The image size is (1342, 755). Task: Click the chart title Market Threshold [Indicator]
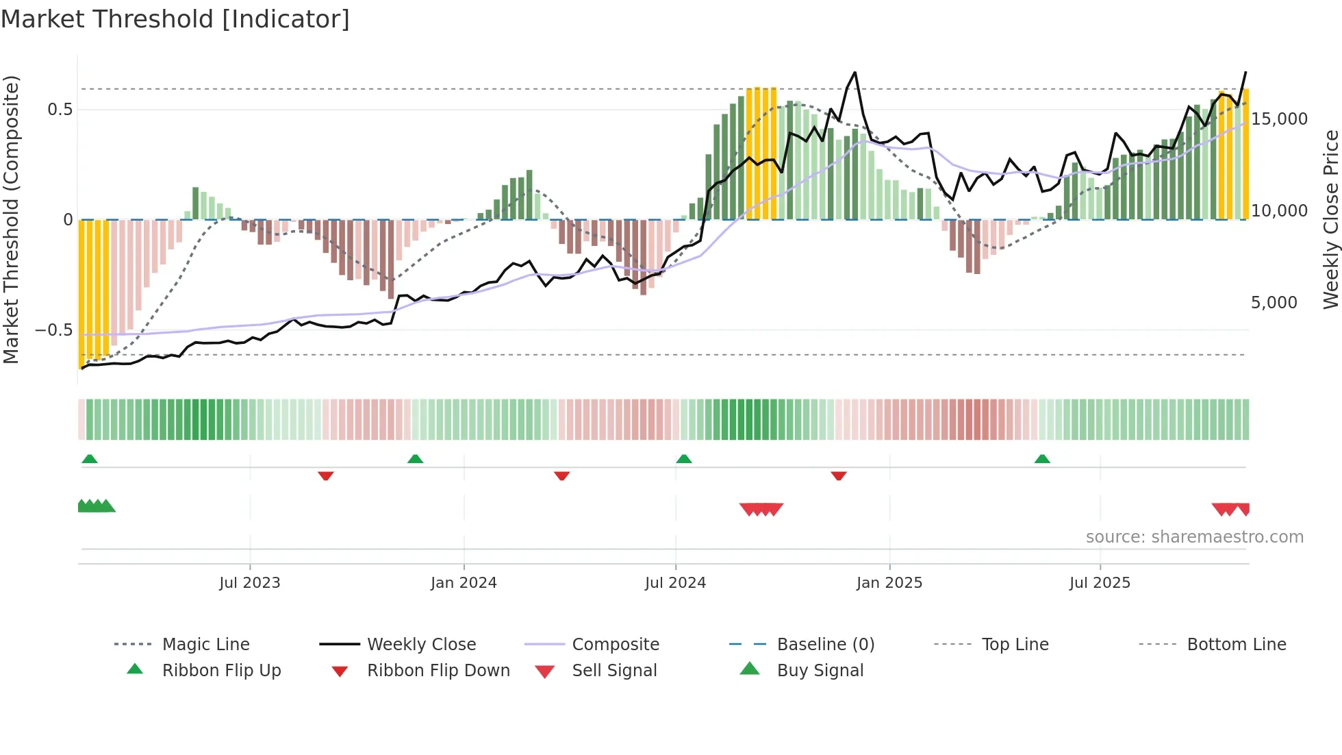175,19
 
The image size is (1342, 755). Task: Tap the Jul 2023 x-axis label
249,583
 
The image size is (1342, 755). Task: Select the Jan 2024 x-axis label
464,583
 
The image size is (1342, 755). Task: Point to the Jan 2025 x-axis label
889,583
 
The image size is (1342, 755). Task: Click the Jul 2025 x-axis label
1100,583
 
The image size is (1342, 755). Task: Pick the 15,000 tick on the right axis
1279,119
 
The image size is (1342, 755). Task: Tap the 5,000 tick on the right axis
1274,303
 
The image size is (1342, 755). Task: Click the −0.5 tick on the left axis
53,330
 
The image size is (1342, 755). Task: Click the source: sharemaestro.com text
1194,537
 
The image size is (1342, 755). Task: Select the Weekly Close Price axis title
1330,219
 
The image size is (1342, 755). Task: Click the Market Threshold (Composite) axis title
11,219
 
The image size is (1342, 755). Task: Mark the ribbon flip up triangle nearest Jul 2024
683,459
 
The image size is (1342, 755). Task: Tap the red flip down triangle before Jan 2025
838,475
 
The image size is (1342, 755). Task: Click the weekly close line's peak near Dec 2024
854,73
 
